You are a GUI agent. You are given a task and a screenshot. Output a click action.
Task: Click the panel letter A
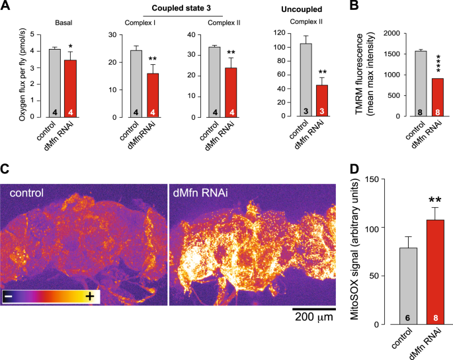coord(7,8)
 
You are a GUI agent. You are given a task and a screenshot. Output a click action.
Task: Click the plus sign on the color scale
coord(89,297)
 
